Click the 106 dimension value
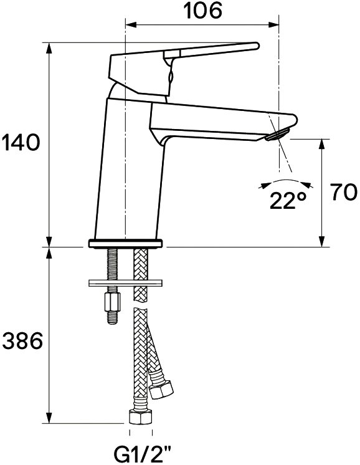click(x=202, y=11)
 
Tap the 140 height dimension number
click(x=21, y=142)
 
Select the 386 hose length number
click(x=22, y=340)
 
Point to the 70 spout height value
click(x=344, y=192)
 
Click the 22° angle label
click(x=288, y=201)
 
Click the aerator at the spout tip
click(x=278, y=135)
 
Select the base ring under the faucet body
click(x=125, y=244)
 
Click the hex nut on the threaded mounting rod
click(x=112, y=302)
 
